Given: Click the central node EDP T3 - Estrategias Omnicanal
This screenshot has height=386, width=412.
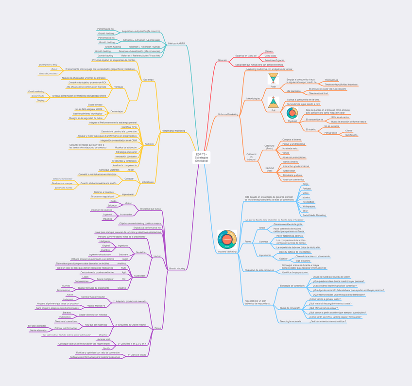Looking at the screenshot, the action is (x=201, y=157).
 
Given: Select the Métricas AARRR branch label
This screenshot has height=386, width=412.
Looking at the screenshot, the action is (x=176, y=43).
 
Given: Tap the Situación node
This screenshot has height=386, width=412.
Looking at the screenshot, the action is (x=223, y=60).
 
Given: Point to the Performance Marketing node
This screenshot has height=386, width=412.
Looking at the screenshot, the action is (x=173, y=131).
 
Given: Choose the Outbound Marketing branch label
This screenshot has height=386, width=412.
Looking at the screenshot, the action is (x=228, y=114).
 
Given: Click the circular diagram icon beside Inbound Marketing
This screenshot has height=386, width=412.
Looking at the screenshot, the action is (x=227, y=239).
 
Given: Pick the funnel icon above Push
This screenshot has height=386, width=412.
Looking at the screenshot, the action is (x=273, y=78).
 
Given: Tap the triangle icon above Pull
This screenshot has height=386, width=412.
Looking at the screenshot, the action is (x=273, y=103).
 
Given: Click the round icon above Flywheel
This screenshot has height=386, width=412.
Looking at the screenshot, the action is (x=292, y=113).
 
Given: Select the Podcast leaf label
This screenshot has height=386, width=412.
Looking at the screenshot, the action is (x=307, y=189).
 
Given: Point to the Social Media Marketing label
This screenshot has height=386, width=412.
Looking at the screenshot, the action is (x=314, y=215).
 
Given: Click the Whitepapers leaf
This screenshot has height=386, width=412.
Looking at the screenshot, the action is (x=309, y=207).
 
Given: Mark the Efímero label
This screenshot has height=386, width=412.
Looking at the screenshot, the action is (x=269, y=51).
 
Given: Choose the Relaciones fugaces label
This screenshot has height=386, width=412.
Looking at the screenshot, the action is (x=275, y=60).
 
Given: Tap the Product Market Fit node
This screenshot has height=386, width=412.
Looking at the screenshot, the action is (x=96, y=306).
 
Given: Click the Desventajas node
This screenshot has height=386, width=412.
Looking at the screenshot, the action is (x=117, y=111).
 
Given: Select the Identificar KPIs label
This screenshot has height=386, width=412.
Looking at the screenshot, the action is (x=129, y=127).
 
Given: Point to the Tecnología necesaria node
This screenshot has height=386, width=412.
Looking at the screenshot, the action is (x=291, y=321).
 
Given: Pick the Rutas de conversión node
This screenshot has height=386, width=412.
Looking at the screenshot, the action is (x=290, y=308).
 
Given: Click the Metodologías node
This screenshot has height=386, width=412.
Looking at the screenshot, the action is (x=253, y=98).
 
